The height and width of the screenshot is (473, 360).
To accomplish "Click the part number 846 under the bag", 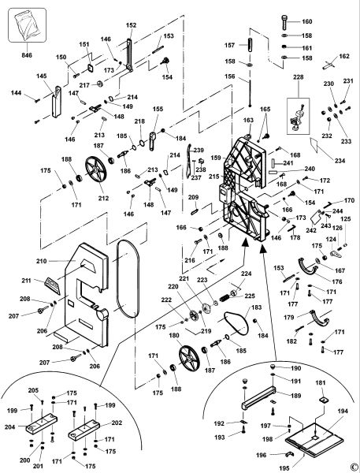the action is pyautogui.click(x=27, y=55).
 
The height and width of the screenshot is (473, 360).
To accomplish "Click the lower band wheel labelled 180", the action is pyautogui.click(x=189, y=359).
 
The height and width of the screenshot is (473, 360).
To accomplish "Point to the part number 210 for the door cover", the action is pyautogui.click(x=42, y=261).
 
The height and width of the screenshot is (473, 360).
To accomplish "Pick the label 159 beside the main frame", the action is pyautogui.click(x=216, y=158).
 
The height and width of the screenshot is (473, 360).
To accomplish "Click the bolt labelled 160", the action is pyautogui.click(x=285, y=22).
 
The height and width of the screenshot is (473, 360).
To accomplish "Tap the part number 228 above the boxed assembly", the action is pyautogui.click(x=299, y=77).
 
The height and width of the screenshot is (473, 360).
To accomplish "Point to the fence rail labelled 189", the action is pyautogui.click(x=258, y=397).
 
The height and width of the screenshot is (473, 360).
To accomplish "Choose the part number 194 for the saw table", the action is pyautogui.click(x=343, y=412).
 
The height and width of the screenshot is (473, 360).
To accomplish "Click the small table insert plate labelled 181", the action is pyautogui.click(x=324, y=399).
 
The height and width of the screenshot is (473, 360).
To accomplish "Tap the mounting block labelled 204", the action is pyautogui.click(x=42, y=424).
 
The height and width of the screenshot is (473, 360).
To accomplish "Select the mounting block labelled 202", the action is pyautogui.click(x=84, y=430).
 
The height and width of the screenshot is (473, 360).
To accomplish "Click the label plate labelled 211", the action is pyautogui.click(x=52, y=285).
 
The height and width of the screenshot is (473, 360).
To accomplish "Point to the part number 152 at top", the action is pyautogui.click(x=131, y=25).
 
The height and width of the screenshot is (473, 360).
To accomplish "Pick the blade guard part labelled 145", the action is pyautogui.click(x=57, y=102).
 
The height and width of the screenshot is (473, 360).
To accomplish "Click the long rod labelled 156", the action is pyautogui.click(x=250, y=93).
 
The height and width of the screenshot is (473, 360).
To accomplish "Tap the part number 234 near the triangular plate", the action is pyautogui.click(x=340, y=161).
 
